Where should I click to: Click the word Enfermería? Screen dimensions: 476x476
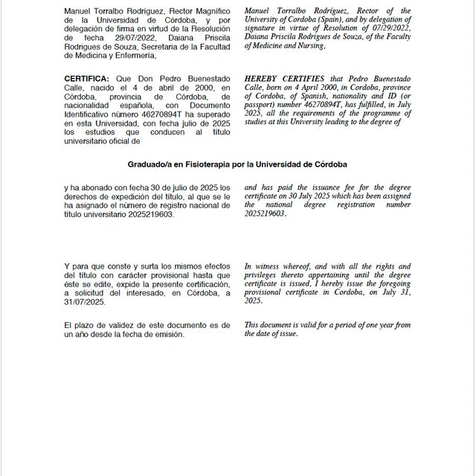click(x=132, y=55)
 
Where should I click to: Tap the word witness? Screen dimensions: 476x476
click(x=269, y=266)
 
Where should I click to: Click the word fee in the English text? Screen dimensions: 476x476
click(x=345, y=188)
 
